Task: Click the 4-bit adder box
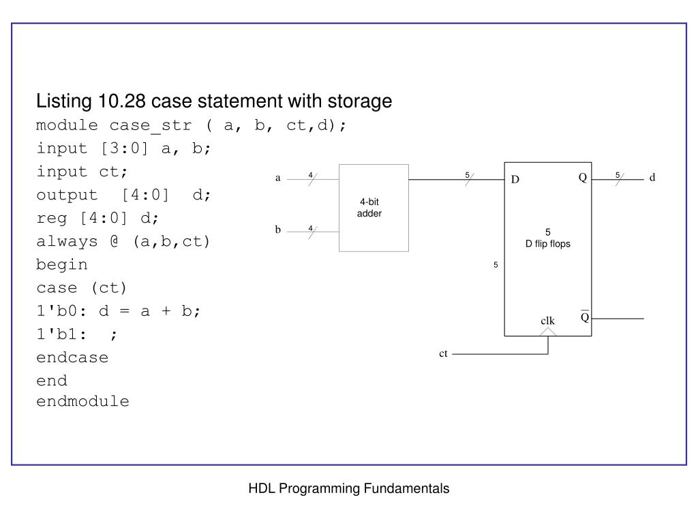click(374, 208)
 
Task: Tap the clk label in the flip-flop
click(548, 321)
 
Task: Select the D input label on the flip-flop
click(515, 180)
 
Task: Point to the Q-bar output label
click(584, 318)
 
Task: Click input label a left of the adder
click(277, 178)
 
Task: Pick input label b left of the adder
click(278, 230)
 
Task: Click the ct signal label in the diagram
click(443, 353)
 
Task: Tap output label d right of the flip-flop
click(652, 178)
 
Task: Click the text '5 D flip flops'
click(547, 238)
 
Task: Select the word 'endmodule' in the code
click(82, 401)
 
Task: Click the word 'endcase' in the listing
click(72, 358)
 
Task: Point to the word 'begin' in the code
click(62, 265)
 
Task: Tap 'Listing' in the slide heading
click(63, 101)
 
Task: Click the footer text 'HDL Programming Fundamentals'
click(348, 488)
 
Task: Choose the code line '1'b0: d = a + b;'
click(119, 311)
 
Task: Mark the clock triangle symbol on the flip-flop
click(548, 332)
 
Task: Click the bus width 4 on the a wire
click(310, 175)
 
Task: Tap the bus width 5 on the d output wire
click(617, 175)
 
